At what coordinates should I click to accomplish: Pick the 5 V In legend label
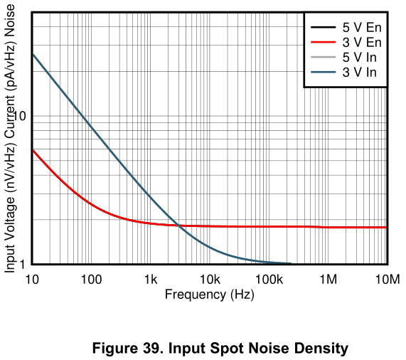click(361, 58)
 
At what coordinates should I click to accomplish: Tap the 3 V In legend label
click(361, 73)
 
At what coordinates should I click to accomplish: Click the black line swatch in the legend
click(322, 28)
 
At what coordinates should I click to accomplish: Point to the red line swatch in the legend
click(322, 43)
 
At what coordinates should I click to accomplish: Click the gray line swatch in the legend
click(322, 58)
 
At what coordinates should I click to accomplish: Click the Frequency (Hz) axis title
click(209, 294)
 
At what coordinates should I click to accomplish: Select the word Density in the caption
click(324, 348)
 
